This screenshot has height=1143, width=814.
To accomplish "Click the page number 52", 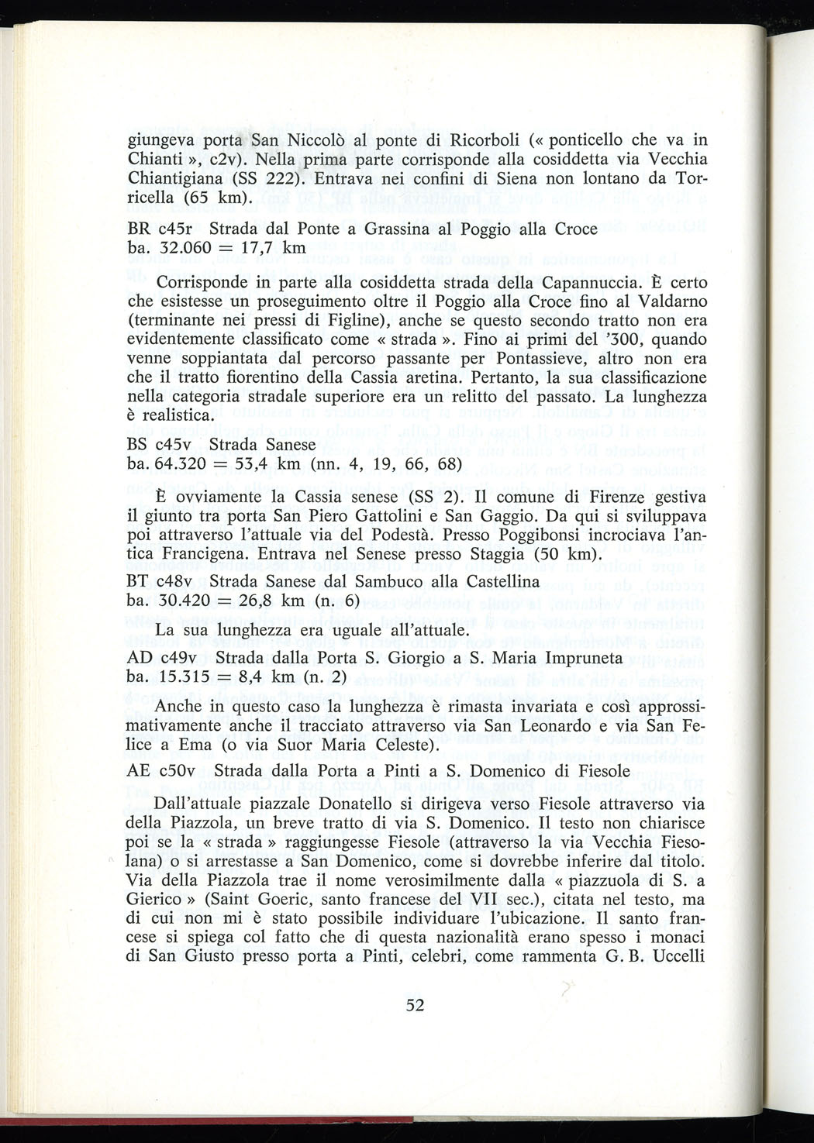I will click(x=415, y=1006).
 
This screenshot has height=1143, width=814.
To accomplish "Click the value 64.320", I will click(x=181, y=464).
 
